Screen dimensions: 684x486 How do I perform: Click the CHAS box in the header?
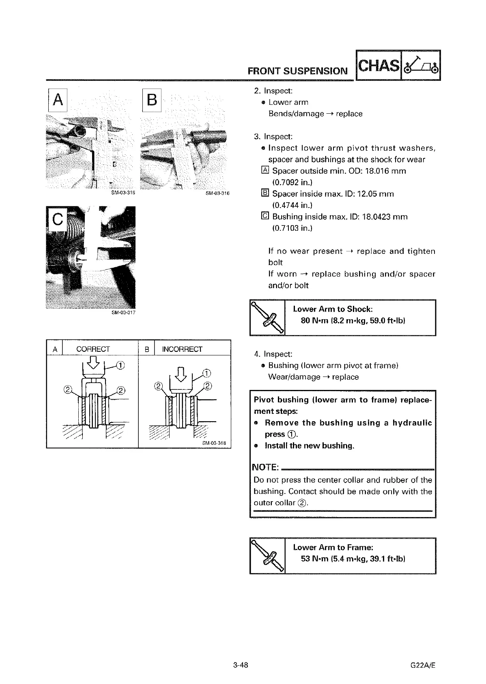[x=378, y=65]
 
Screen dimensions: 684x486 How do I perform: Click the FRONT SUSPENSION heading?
[x=297, y=71]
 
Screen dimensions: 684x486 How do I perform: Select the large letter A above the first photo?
[x=58, y=100]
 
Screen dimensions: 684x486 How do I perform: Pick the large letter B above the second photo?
[x=152, y=100]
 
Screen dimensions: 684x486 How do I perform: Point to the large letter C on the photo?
[x=57, y=220]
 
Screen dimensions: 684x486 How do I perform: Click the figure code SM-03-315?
[x=123, y=193]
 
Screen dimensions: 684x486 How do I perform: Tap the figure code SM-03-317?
[x=123, y=313]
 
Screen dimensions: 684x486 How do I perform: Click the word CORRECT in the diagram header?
[x=93, y=349]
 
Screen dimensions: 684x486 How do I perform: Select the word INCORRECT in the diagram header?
[x=182, y=349]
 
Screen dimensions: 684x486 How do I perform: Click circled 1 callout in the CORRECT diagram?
[x=120, y=364]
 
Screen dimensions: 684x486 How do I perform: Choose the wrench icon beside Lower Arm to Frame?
[x=268, y=556]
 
